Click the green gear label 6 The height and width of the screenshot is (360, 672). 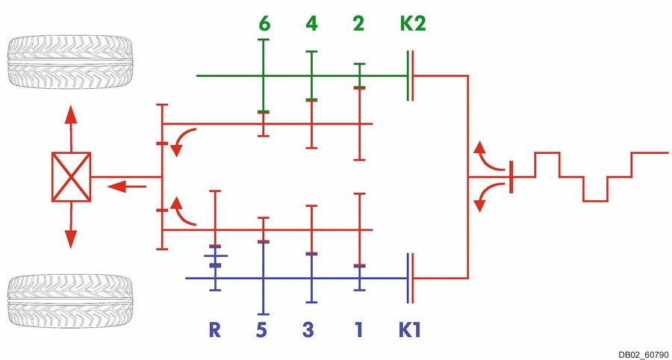264,24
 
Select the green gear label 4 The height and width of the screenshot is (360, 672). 311,24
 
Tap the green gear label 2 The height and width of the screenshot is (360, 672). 359,24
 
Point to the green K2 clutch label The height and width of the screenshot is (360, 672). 413,24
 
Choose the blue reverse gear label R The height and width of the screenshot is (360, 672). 214,329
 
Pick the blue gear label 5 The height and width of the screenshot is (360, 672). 261,329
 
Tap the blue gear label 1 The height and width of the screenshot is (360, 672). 359,329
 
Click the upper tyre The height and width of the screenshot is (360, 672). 70,63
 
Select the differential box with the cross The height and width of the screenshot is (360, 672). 71,177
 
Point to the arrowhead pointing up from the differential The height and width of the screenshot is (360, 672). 71,114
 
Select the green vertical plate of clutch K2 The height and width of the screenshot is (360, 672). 409,75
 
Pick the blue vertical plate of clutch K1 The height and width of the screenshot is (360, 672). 409,278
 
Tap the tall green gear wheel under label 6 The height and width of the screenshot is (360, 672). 264,75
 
